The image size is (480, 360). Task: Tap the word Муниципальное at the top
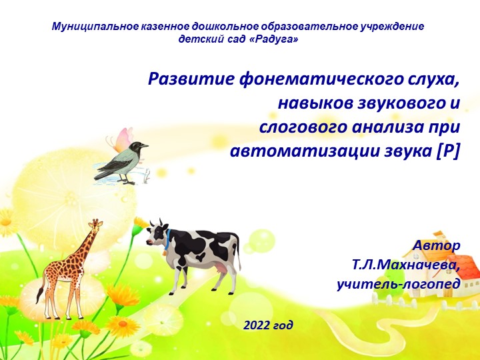(x=95, y=26)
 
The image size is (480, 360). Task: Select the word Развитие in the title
(x=191, y=79)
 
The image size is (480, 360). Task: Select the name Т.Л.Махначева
(x=406, y=265)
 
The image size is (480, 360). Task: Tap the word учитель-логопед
(x=399, y=284)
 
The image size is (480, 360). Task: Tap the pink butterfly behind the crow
(x=121, y=140)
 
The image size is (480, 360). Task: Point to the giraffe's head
(x=97, y=225)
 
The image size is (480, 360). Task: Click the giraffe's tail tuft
(x=39, y=295)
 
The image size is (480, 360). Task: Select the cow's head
(x=157, y=233)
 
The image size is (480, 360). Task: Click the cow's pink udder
(x=222, y=269)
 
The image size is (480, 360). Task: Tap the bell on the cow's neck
(x=165, y=252)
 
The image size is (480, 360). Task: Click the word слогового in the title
(x=303, y=127)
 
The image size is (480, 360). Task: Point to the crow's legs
(x=125, y=179)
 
